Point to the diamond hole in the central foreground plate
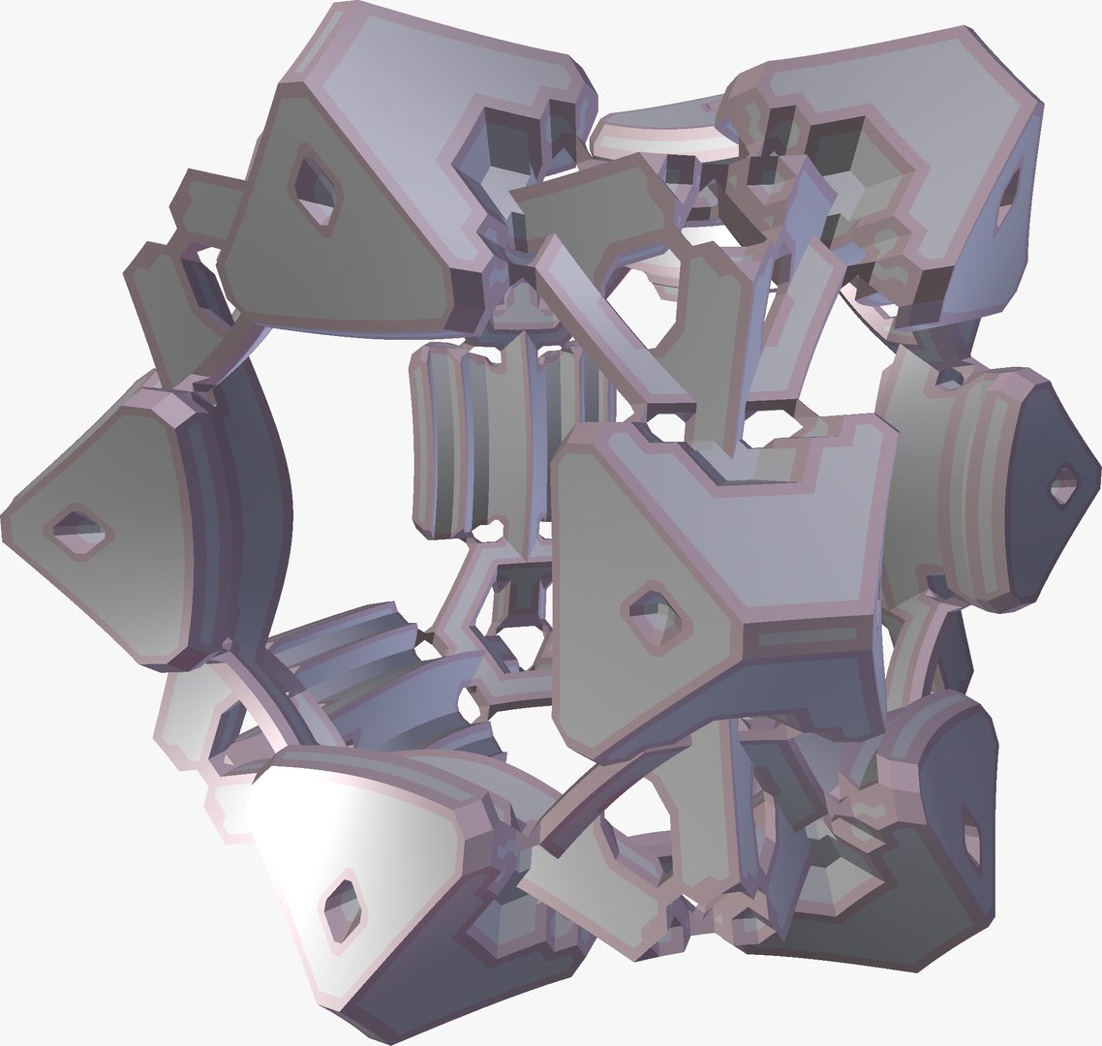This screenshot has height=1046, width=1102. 656,612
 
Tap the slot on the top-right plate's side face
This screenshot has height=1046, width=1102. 1007,200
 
